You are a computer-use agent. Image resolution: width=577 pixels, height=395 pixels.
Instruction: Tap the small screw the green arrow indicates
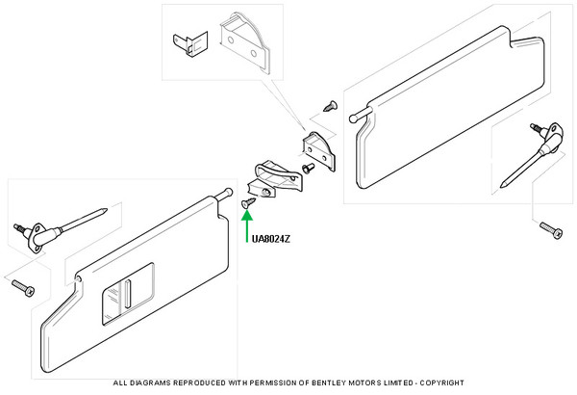point(248,203)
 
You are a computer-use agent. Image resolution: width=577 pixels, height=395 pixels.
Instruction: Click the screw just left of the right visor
point(332,102)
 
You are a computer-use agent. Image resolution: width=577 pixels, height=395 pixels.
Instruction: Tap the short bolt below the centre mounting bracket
point(307,168)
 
